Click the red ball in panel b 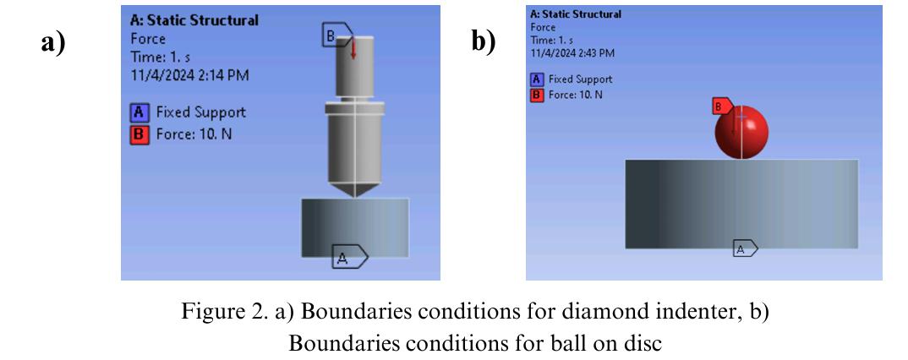click(741, 133)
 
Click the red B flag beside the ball click(721, 106)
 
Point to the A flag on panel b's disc click(744, 248)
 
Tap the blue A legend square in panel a click(139, 112)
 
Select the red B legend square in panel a click(139, 134)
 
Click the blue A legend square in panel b click(536, 79)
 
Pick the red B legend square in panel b click(536, 95)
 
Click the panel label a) click(53, 42)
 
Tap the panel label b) click(484, 42)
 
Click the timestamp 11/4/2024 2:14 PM click(189, 75)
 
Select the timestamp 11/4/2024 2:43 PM click(572, 52)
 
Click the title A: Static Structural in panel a click(195, 20)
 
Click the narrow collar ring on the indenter click(354, 106)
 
